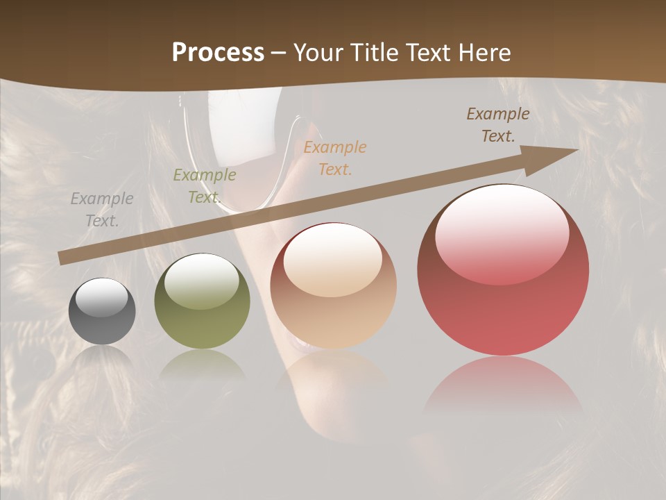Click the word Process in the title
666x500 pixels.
pos(218,52)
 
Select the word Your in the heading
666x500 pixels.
pos(319,52)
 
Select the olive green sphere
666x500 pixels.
pos(202,301)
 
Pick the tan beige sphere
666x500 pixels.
pos(333,286)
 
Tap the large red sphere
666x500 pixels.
pos(503,271)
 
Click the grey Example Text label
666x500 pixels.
pos(102,210)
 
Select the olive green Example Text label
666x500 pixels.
pos(204,186)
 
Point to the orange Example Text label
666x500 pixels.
pos(335,158)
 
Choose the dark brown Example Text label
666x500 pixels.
pos(498,125)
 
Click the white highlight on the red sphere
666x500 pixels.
pos(502,233)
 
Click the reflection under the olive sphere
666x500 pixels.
pos(202,364)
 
